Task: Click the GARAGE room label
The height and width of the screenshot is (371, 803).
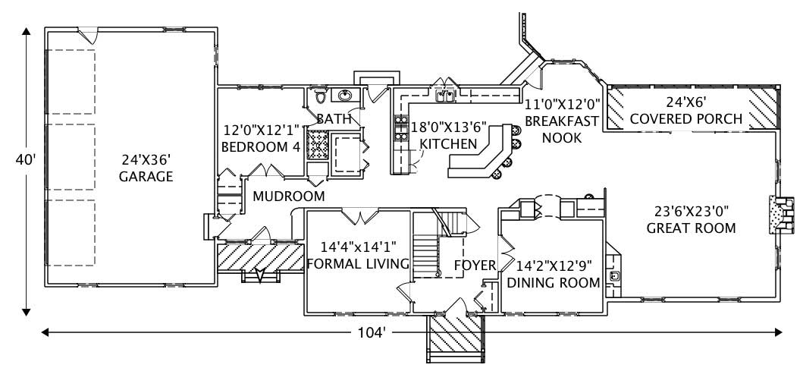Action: (x=146, y=178)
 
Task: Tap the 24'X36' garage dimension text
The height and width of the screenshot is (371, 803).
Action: (x=146, y=161)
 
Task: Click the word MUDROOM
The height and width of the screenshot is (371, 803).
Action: (x=288, y=197)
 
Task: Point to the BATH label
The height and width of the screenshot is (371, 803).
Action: (x=334, y=119)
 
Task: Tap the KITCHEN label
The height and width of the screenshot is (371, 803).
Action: (x=448, y=143)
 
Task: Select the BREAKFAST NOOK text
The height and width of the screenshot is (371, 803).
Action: (x=562, y=129)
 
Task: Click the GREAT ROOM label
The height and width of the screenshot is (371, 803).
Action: (x=691, y=228)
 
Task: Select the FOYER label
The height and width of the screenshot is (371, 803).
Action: (x=475, y=266)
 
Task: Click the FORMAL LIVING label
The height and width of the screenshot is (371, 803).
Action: (x=358, y=263)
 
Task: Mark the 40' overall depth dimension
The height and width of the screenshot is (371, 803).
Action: (x=26, y=160)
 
